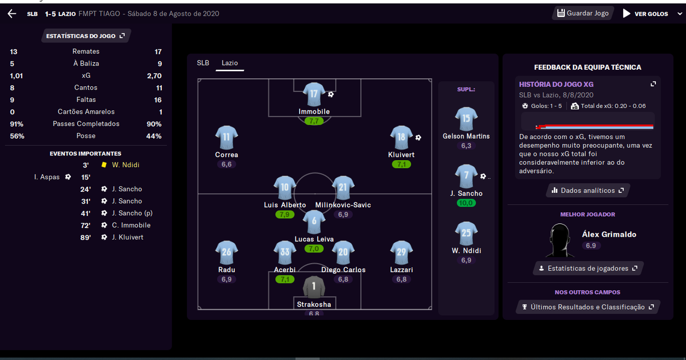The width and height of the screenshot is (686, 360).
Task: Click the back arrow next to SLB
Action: pos(12,14)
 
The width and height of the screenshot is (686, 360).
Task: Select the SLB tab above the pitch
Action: pos(203,63)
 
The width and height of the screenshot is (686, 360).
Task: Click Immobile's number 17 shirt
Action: pos(314,94)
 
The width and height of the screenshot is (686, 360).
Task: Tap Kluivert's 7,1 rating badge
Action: pos(401,164)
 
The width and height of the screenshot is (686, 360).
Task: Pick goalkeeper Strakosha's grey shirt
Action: pos(314,287)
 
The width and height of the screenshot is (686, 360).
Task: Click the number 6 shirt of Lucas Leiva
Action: pos(314,222)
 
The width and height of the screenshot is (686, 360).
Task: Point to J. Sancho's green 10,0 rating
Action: pos(466,203)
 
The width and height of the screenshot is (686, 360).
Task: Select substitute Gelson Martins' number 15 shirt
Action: pos(466,119)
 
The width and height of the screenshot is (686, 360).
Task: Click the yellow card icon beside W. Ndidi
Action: pos(104,165)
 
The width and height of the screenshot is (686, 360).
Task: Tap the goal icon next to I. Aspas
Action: pos(68,177)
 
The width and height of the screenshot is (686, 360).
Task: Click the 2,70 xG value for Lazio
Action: pos(154,76)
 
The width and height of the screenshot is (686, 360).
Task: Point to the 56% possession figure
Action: pos(17,136)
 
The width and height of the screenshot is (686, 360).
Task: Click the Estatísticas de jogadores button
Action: pos(588,268)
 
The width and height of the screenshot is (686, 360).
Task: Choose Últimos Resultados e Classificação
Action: pos(588,307)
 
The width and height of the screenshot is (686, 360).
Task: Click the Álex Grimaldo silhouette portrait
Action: pos(560,240)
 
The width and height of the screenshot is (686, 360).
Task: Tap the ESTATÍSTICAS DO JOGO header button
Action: pos(86,36)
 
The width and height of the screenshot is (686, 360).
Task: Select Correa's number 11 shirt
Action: pos(227,138)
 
